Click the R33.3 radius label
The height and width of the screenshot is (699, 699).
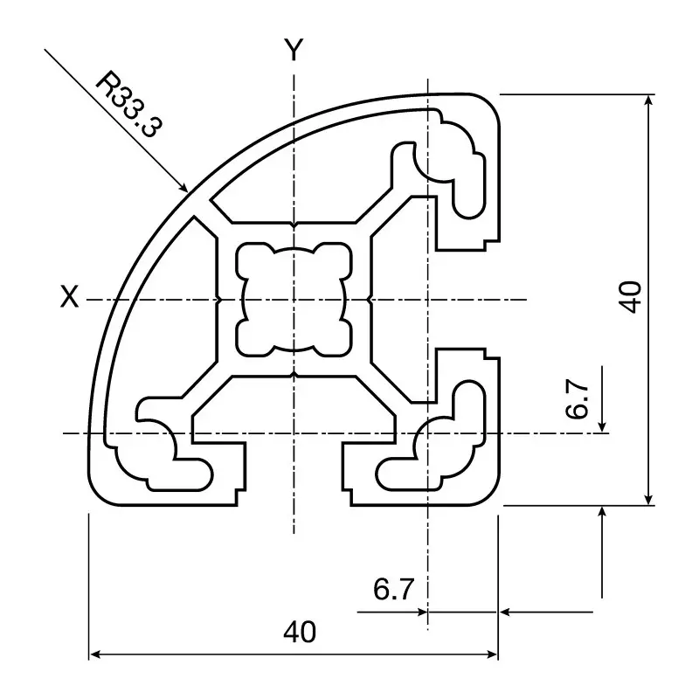tap(128, 105)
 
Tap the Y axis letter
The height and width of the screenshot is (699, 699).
tap(294, 52)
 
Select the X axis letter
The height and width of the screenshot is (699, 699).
tap(69, 298)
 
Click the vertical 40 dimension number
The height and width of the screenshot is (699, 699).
tap(631, 297)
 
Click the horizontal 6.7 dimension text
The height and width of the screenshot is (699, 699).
tap(393, 591)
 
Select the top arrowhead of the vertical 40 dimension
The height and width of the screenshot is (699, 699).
tap(648, 102)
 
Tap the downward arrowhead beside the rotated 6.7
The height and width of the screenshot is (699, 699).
tap(602, 425)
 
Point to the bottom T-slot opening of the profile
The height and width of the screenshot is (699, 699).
tap(294, 476)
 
